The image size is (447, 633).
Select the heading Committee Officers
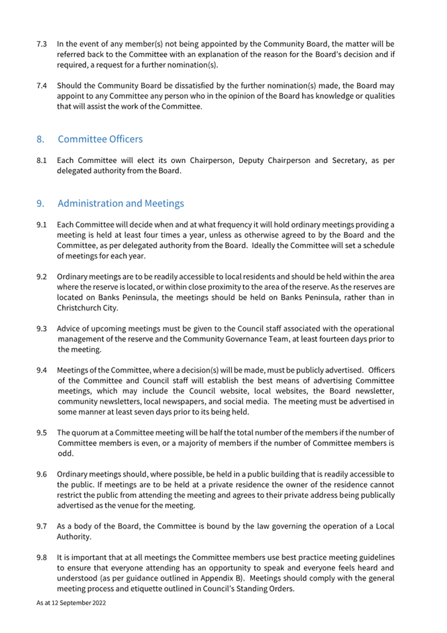pos(100,139)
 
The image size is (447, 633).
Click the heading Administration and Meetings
pos(121,203)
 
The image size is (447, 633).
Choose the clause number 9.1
pos(41,225)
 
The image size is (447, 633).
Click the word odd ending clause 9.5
pos(65,453)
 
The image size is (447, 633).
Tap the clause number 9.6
pos(41,474)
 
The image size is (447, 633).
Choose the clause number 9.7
pos(41,526)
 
